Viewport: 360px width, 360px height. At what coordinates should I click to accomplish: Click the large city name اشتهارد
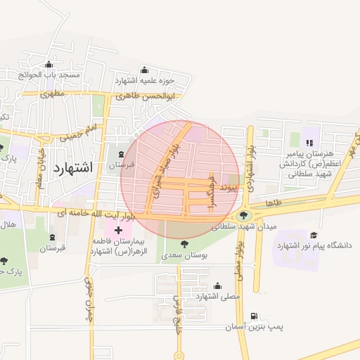click(72, 167)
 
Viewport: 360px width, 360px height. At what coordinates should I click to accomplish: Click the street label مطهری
click(53, 93)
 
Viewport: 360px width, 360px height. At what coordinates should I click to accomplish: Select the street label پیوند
click(229, 188)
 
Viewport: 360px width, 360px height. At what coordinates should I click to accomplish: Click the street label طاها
click(274, 202)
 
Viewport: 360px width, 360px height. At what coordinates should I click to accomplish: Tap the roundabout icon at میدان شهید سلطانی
click(244, 215)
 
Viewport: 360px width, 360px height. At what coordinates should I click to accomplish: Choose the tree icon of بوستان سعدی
click(184, 243)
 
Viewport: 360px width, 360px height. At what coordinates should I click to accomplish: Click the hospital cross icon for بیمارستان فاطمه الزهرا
click(118, 229)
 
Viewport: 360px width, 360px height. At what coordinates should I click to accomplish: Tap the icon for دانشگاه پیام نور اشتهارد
click(314, 235)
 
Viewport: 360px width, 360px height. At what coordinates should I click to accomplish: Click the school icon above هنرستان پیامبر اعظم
click(309, 143)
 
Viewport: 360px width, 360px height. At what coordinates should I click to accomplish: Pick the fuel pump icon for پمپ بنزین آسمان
click(253, 316)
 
